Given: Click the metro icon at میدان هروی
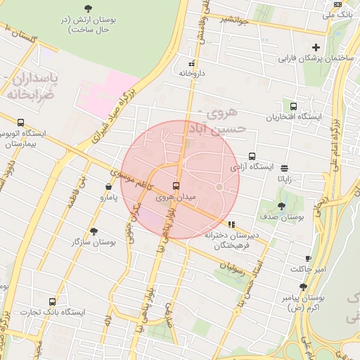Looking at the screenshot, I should click(x=175, y=186).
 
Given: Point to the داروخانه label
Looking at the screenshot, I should click(x=191, y=72).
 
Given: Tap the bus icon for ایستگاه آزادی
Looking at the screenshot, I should click(x=251, y=157).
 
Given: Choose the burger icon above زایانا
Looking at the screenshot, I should click(x=284, y=168).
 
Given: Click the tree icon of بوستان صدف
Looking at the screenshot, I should click(x=281, y=206).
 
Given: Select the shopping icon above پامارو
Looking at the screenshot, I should click(x=108, y=187).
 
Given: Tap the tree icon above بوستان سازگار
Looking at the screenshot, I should click(x=94, y=231).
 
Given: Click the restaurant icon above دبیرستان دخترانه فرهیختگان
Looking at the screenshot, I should click(x=231, y=225).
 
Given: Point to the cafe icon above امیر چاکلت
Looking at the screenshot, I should click(x=308, y=259).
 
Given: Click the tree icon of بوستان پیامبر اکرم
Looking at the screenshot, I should click(x=303, y=287).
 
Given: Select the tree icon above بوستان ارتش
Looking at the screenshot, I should click(x=87, y=8).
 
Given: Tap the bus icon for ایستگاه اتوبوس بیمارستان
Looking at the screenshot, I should click(x=20, y=122).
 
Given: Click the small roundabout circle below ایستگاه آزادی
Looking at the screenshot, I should click(x=219, y=187).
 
